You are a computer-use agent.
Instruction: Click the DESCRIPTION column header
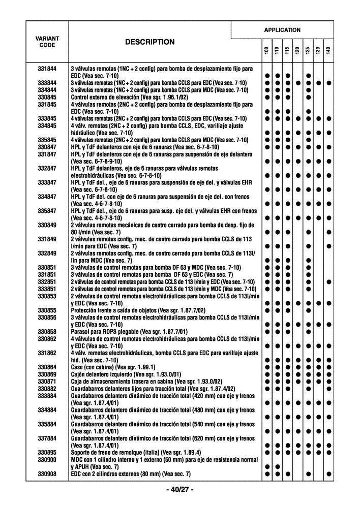click(149, 42)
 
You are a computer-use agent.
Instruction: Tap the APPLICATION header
click(282, 30)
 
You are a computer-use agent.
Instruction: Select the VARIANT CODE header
click(47, 42)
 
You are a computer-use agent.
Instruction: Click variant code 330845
click(47, 97)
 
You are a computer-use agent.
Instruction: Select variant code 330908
click(47, 474)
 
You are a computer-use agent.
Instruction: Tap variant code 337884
click(47, 438)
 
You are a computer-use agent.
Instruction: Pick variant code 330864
click(47, 367)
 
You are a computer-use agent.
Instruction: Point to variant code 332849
click(47, 253)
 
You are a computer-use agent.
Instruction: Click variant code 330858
click(47, 332)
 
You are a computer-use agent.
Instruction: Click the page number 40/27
click(179, 490)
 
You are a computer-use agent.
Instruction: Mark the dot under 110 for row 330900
click(277, 466)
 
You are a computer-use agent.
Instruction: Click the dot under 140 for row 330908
click(329, 474)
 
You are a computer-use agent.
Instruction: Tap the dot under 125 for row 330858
click(308, 332)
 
